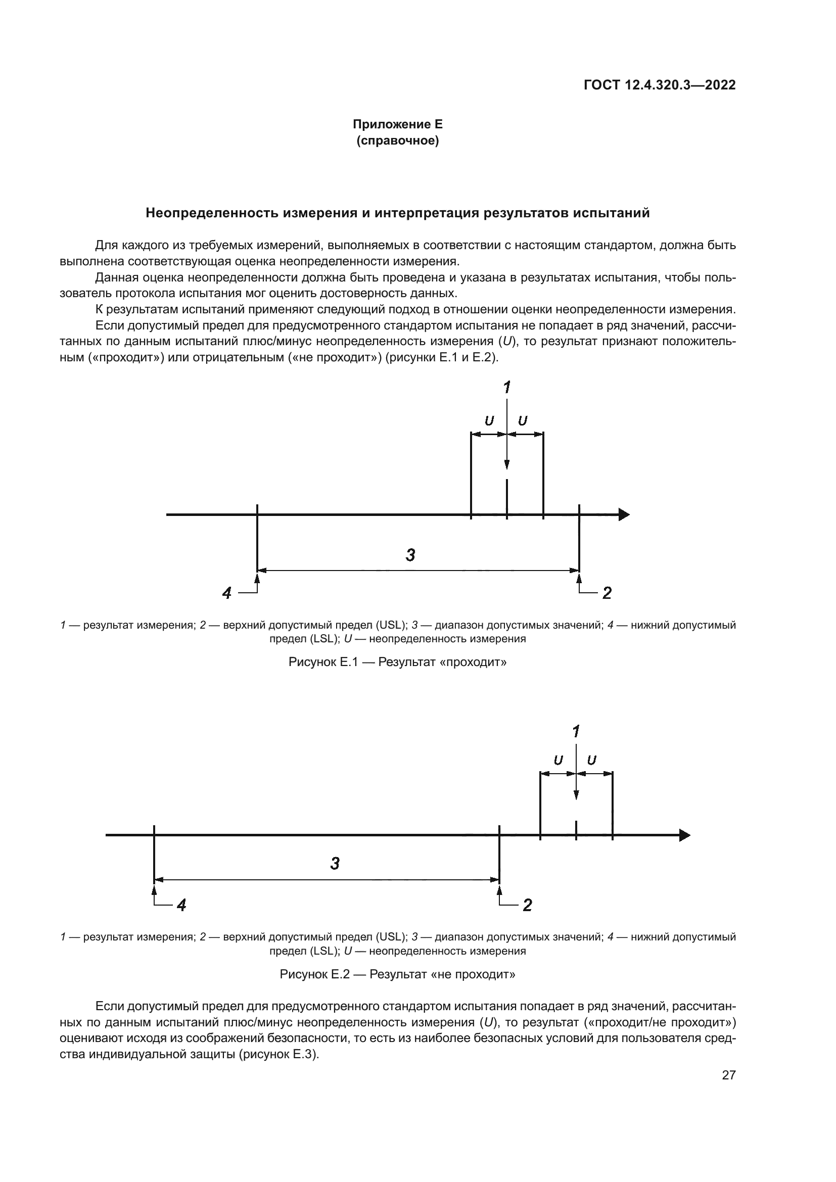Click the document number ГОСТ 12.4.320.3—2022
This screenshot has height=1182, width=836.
(x=660, y=85)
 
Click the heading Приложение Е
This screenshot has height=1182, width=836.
(x=397, y=125)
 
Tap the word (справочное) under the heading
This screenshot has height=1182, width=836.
(x=397, y=140)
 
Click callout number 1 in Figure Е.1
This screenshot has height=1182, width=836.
(x=506, y=387)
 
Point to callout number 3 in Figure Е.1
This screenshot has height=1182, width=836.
(x=410, y=555)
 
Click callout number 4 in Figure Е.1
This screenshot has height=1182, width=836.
(x=227, y=593)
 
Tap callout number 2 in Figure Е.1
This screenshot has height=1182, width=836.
(x=607, y=593)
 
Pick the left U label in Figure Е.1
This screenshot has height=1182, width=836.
(x=489, y=421)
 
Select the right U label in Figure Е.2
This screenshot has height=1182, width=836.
(x=592, y=761)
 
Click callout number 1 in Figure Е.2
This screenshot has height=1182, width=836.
(x=576, y=731)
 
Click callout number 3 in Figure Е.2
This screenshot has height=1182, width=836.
(x=335, y=863)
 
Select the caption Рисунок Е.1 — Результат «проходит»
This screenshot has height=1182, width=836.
(x=397, y=662)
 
